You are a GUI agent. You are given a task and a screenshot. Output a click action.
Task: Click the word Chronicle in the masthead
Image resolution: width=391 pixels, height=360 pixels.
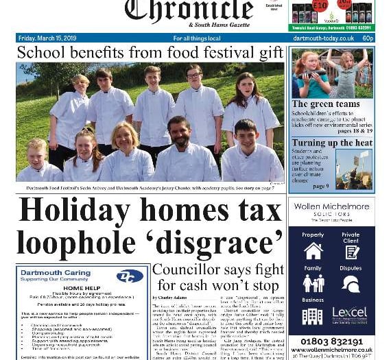click(x=188, y=10)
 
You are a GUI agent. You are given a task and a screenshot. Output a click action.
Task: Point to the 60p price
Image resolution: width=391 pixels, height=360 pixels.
click(x=368, y=38)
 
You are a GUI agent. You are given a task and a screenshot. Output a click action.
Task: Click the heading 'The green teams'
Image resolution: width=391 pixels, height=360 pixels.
click(x=325, y=104)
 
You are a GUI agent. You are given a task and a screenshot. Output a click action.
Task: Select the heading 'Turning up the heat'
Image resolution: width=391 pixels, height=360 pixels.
click(x=332, y=143)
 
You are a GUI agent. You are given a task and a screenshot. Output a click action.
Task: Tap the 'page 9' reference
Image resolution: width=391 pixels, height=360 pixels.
click(x=321, y=186)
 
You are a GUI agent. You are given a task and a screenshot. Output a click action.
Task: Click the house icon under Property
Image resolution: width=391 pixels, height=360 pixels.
click(x=313, y=251)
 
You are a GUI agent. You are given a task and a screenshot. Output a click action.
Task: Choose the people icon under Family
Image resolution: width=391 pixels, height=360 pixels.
click(x=313, y=284)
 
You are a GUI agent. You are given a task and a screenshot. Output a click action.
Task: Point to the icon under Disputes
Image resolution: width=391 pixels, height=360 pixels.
click(x=350, y=284)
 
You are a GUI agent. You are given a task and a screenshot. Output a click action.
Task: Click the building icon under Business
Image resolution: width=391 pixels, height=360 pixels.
click(x=312, y=316)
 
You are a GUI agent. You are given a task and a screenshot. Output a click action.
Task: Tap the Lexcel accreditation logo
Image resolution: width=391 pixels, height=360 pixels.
click(x=350, y=315)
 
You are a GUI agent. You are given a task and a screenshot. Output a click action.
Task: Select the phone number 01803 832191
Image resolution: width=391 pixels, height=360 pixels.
click(x=331, y=341)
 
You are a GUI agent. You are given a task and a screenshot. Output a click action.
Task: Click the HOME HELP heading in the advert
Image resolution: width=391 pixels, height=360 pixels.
click(x=82, y=288)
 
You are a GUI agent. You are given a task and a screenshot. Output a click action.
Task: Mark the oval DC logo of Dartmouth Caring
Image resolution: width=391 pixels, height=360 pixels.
click(x=130, y=276)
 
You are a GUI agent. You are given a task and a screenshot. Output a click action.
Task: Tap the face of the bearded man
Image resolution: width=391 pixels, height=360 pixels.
click(x=179, y=130)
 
